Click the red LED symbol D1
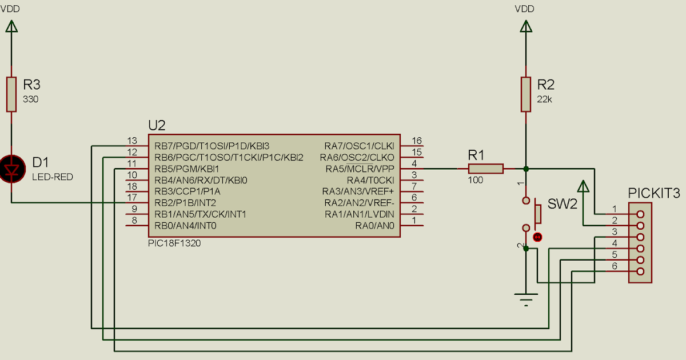pyautogui.click(x=11, y=170)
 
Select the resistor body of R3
pyautogui.click(x=11, y=94)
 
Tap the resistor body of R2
pyautogui.click(x=526, y=94)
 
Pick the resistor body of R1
pyautogui.click(x=486, y=169)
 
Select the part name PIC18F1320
pyautogui.click(x=174, y=243)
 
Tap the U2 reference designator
pyautogui.click(x=157, y=126)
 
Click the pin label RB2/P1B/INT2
pyautogui.click(x=186, y=203)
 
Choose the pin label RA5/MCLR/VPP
pyautogui.click(x=360, y=169)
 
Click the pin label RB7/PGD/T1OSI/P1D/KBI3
pyautogui.click(x=212, y=146)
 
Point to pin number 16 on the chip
pyautogui.click(x=416, y=141)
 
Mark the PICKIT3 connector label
pyautogui.click(x=654, y=193)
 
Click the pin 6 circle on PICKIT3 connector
pyautogui.click(x=640, y=271)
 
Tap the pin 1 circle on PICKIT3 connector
pyautogui.click(x=640, y=214)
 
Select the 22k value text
pyautogui.click(x=545, y=99)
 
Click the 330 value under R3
pyautogui.click(x=30, y=99)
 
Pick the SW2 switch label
pyautogui.click(x=563, y=204)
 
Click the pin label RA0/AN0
pyautogui.click(x=374, y=226)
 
